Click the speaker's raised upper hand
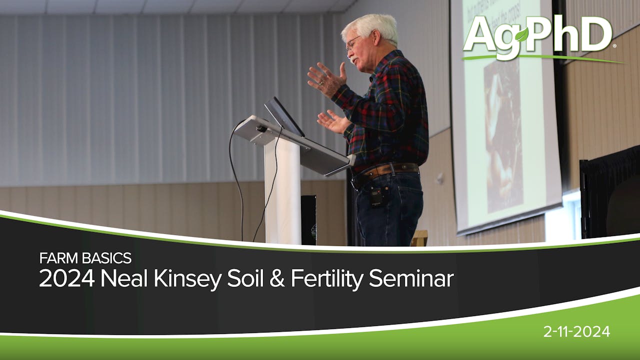(x=326, y=78)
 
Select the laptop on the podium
(x=283, y=116)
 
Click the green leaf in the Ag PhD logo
(x=521, y=35)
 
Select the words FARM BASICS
(x=85, y=258)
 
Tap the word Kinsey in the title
(x=189, y=279)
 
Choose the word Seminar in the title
(x=411, y=279)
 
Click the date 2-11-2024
(x=576, y=331)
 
